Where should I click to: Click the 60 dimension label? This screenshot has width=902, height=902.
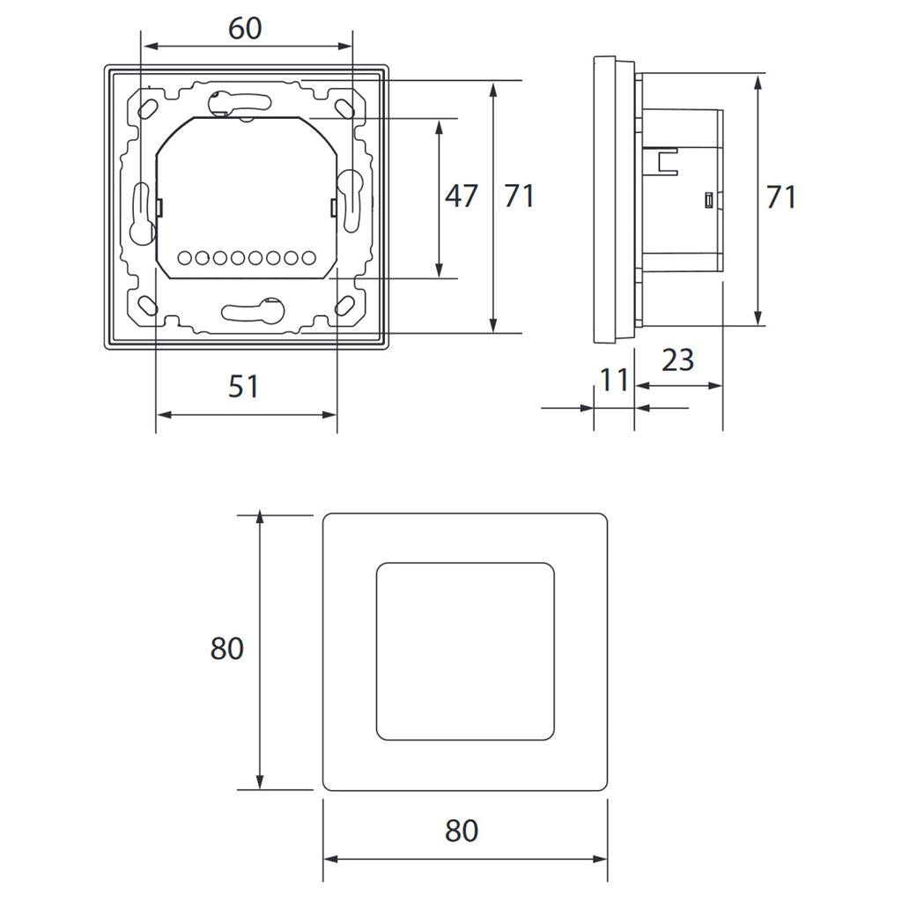pos(245,28)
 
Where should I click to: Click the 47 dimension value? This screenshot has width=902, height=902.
pos(462,196)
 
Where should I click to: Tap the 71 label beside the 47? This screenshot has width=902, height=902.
pos(520,196)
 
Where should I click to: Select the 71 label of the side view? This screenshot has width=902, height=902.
pos(780,197)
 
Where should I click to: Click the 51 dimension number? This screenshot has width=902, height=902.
pos(243,387)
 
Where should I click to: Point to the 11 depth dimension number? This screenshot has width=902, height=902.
pos(613,381)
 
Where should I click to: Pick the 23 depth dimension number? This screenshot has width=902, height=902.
pos(677,360)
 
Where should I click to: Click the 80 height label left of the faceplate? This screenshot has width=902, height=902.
pos(226,648)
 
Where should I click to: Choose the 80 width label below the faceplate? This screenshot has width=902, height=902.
pos(462,831)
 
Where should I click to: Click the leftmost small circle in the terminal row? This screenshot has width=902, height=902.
pos(185,258)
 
